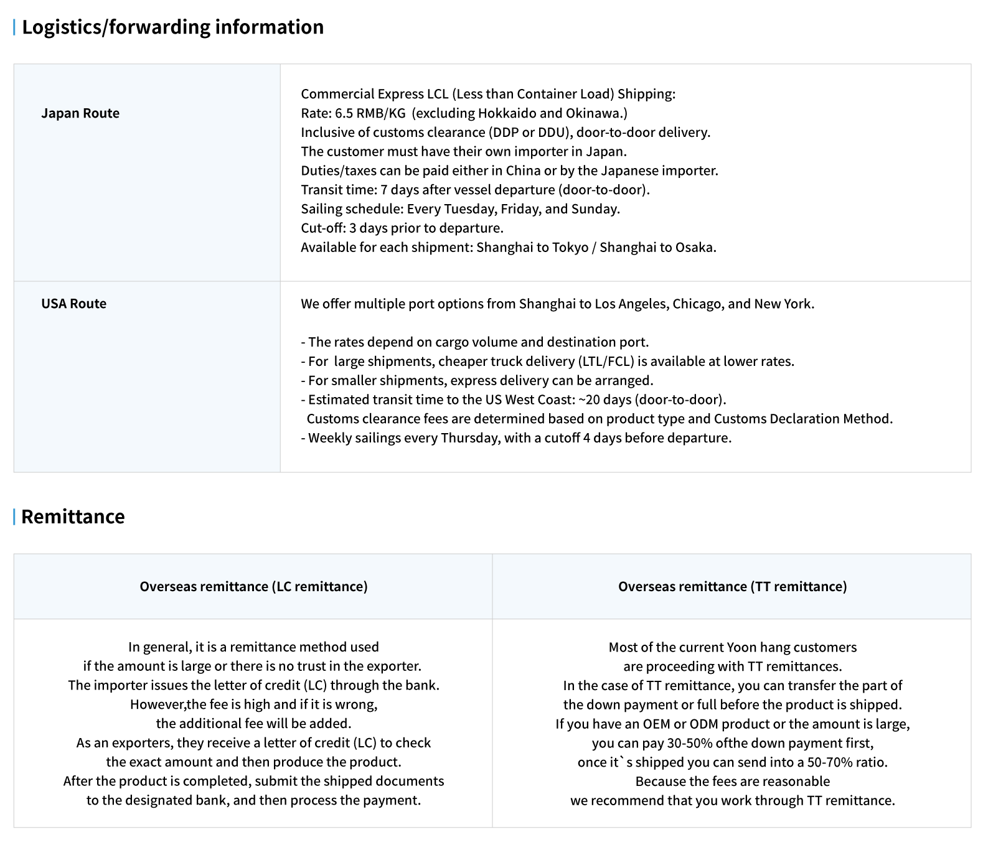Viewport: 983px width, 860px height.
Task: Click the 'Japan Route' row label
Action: (x=80, y=113)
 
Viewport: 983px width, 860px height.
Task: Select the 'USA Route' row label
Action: (x=73, y=304)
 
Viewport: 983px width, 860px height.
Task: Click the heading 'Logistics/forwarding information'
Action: (x=172, y=27)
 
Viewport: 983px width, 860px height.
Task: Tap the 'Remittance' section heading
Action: (x=73, y=516)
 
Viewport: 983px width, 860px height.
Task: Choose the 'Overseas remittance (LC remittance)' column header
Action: (x=253, y=586)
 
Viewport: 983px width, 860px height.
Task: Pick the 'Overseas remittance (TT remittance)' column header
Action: (x=732, y=586)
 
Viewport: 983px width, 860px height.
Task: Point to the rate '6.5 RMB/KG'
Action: (x=370, y=113)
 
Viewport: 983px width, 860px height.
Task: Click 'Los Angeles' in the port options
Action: (x=631, y=304)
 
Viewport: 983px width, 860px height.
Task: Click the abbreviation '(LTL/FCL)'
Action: (x=605, y=362)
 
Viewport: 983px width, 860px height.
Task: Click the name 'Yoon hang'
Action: (x=756, y=647)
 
